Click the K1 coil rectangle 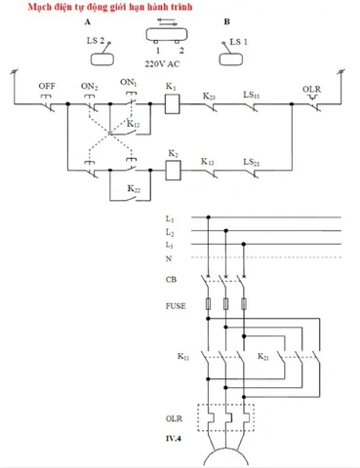tap(173, 104)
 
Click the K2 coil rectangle tap(173, 170)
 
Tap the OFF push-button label tap(47, 86)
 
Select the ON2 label tap(90, 87)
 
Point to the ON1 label tap(129, 83)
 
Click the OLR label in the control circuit tap(311, 89)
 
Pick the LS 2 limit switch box tap(102, 59)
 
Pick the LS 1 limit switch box tap(231, 59)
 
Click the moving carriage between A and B tap(167, 34)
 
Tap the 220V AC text tap(162, 64)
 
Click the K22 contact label tap(134, 188)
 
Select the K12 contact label tap(134, 124)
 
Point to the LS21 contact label tap(252, 162)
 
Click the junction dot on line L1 tap(209, 217)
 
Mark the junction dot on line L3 tap(244, 244)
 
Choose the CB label tap(171, 280)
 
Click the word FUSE tap(176, 306)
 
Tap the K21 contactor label tap(263, 357)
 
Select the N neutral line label tap(169, 258)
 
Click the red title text tap(110, 7)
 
